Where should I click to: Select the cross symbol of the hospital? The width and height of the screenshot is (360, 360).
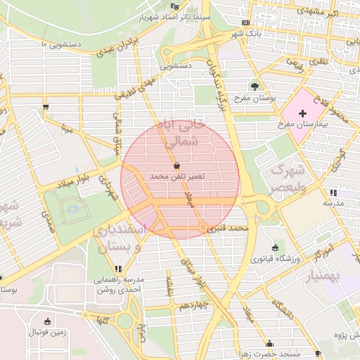(x=303, y=113)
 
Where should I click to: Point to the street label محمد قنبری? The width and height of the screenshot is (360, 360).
(x=230, y=229)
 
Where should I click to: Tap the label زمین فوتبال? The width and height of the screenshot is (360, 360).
(x=48, y=333)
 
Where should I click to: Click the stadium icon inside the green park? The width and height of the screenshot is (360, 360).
(x=71, y=209)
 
